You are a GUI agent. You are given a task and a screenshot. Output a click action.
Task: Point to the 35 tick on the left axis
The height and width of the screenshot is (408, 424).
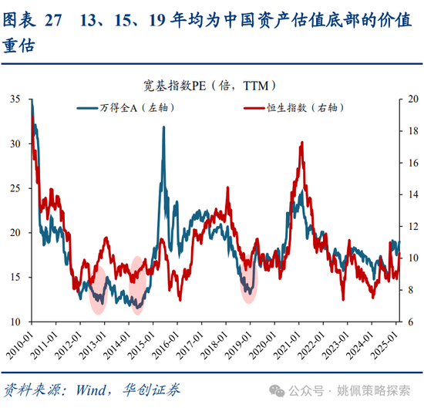tap(16, 99)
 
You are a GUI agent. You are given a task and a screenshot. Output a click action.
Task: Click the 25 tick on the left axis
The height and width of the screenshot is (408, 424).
tap(16, 188)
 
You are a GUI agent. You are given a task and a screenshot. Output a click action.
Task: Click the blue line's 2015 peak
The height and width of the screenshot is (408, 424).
tap(163, 128)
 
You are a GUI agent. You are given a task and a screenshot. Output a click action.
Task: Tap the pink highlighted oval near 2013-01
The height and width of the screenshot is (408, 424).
tap(98, 289)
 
